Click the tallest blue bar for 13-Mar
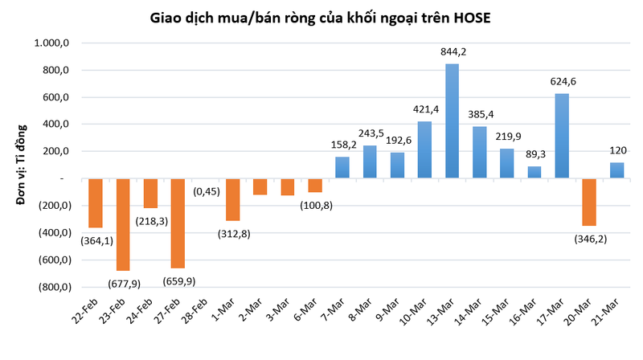pos(453,121)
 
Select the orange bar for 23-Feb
pos(123,224)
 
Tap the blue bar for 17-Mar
pos(562,136)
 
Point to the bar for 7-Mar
pos(342,167)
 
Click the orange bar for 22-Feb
pos(96,202)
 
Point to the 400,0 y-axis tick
pos(59,125)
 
